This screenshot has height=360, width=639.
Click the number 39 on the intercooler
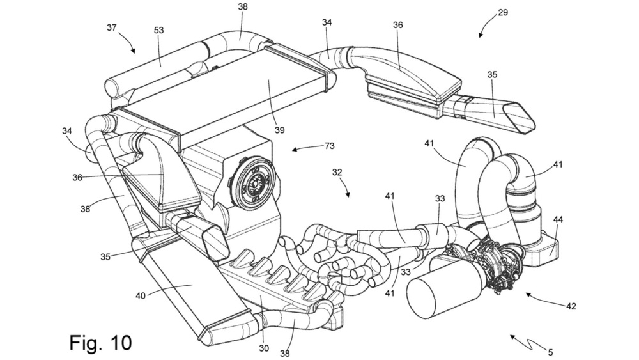coord(279,130)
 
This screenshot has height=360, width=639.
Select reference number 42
coord(571,306)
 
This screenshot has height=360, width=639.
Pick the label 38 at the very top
coord(242,7)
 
